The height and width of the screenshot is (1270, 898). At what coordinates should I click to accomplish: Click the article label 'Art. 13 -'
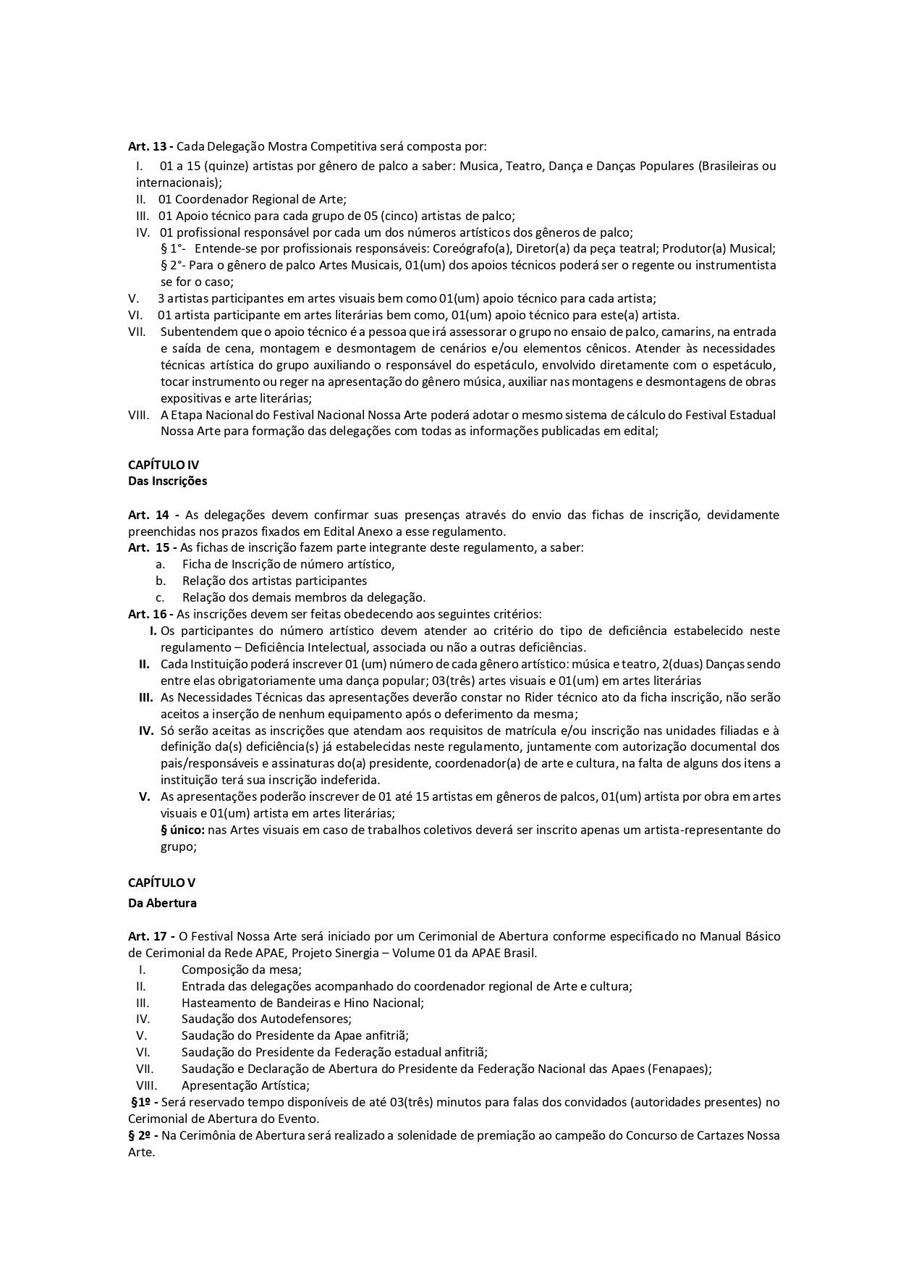[151, 146]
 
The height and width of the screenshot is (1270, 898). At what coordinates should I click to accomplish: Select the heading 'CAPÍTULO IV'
[163, 465]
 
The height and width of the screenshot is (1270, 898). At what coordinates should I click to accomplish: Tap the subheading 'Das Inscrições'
[167, 481]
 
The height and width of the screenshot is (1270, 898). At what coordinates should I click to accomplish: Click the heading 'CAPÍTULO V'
[161, 883]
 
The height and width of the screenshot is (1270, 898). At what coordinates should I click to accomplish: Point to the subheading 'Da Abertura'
[161, 903]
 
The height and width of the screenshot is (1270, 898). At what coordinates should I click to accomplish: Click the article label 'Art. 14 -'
[153, 515]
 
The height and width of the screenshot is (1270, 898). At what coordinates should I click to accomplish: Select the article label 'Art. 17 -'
[151, 936]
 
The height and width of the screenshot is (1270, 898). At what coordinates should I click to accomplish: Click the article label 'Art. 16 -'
[151, 614]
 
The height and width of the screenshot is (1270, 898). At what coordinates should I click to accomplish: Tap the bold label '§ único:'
[183, 829]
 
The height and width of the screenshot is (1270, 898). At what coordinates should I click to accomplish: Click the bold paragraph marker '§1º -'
[144, 1102]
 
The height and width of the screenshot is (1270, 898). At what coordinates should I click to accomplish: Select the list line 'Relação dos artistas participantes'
[274, 581]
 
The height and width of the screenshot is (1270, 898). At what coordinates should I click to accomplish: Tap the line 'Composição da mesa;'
[241, 970]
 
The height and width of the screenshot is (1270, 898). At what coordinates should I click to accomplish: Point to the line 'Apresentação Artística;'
[245, 1085]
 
